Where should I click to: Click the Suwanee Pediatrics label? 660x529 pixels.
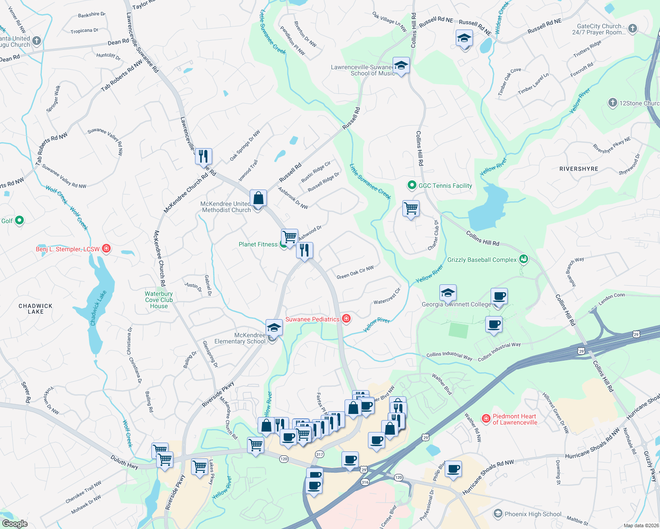312,319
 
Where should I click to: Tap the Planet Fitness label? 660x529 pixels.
258,244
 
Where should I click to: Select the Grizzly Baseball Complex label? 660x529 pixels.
482,260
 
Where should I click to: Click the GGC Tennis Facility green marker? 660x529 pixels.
412,186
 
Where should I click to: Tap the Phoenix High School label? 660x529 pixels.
533,514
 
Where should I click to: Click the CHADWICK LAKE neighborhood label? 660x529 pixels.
35,309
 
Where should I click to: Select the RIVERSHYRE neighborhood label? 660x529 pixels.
578,169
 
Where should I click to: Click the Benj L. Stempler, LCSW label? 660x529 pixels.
67,249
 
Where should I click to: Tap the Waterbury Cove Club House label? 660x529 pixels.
159,300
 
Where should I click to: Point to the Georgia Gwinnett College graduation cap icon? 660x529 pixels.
448,293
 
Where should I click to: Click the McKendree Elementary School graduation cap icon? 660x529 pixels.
274,328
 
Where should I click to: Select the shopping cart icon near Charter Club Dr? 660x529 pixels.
411,208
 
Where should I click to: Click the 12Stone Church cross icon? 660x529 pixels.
612,103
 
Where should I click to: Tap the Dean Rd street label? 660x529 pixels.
118,42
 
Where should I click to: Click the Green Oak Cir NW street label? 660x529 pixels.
355,273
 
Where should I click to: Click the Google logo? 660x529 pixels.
15,523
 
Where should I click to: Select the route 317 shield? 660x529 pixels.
320,454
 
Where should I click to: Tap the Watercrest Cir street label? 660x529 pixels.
387,296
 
